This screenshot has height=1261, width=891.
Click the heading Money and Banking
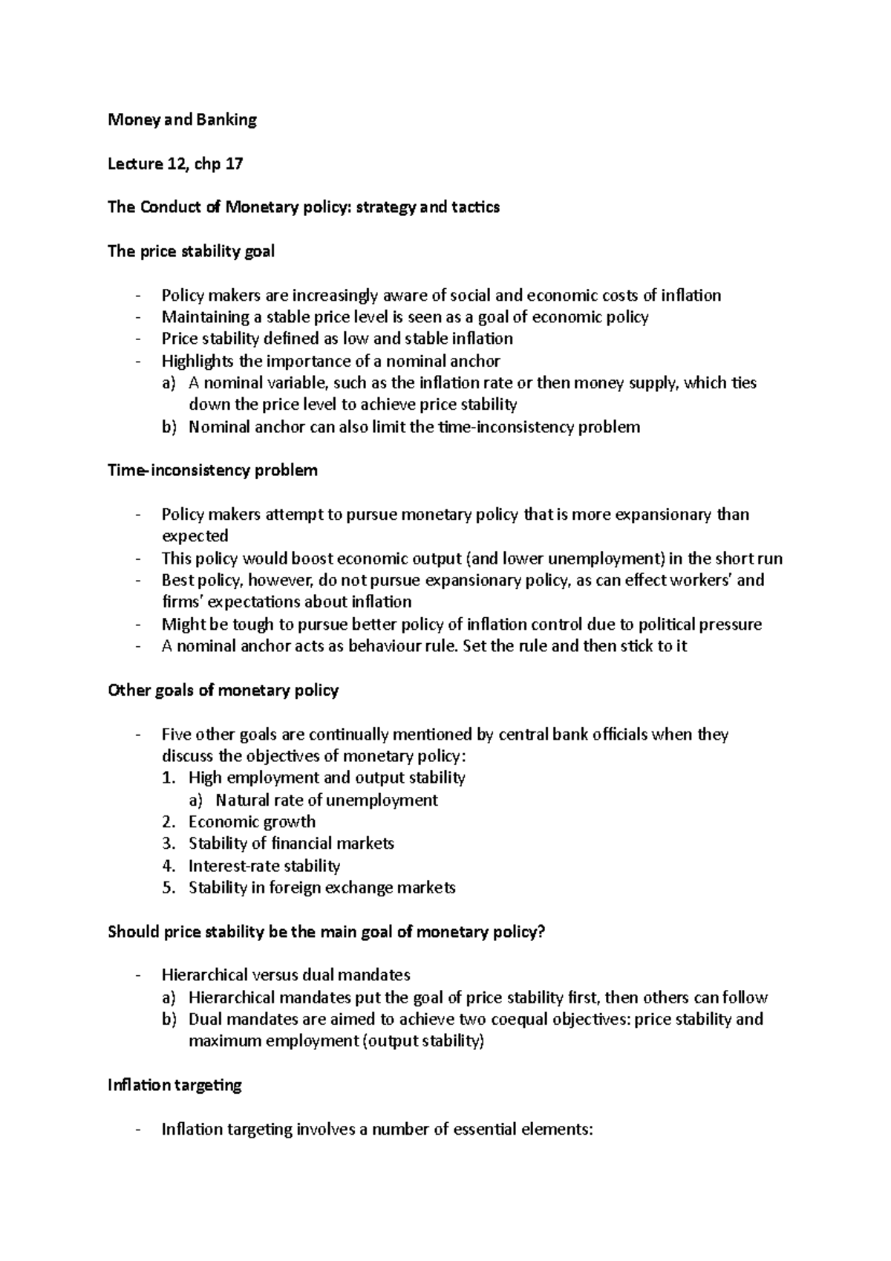[x=182, y=120]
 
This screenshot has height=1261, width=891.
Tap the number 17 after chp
[x=234, y=164]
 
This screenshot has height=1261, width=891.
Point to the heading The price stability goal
[x=191, y=252]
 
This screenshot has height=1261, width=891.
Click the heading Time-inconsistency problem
[x=212, y=471]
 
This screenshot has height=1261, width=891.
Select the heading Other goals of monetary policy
[x=223, y=691]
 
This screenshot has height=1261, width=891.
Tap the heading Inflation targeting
[x=174, y=1085]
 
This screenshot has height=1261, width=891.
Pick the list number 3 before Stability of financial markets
[x=168, y=844]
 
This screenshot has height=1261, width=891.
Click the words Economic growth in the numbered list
[x=252, y=822]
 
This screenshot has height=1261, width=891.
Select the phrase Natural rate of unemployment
[x=327, y=801]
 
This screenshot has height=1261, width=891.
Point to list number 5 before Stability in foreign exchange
[x=168, y=888]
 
